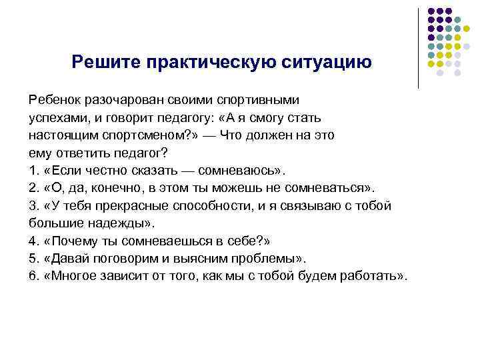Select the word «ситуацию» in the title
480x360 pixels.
pyautogui.click(x=325, y=63)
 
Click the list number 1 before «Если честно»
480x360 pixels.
pyautogui.click(x=33, y=169)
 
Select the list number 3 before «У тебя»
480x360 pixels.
pyautogui.click(x=33, y=205)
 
